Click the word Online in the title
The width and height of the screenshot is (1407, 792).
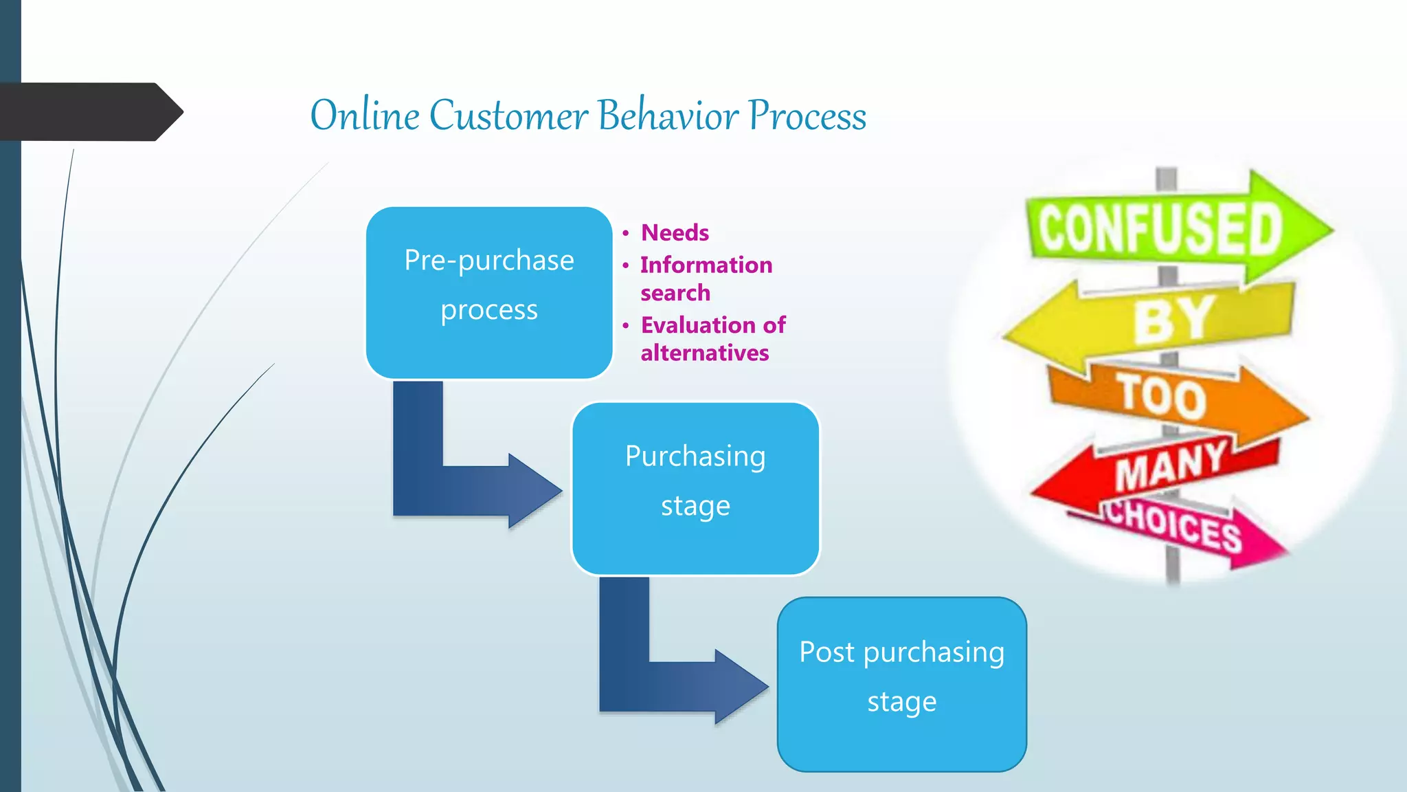pos(364,115)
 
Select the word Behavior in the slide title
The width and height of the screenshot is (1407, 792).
pos(668,115)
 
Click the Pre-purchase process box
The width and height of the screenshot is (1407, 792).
pos(488,292)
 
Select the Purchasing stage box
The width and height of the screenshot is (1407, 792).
pos(695,488)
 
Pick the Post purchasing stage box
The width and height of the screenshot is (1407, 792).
pos(901,684)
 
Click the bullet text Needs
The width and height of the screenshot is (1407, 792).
pos(675,233)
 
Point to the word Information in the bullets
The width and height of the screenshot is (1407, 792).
pos(706,265)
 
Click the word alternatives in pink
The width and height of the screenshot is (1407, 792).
pos(705,353)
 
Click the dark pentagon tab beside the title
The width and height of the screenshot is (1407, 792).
pos(89,112)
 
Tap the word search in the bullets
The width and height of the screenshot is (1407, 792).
pos(675,294)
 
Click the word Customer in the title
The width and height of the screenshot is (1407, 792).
pos(508,115)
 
